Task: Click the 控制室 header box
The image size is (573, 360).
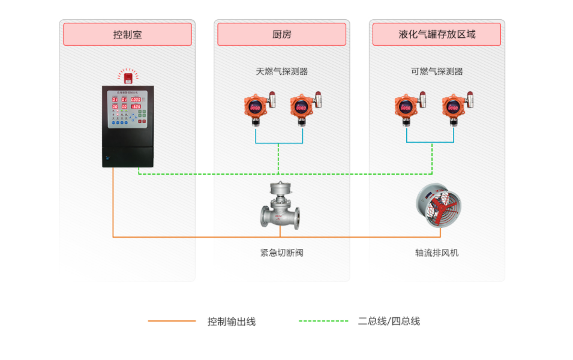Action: click(127, 34)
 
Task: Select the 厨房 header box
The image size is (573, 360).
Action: click(281, 34)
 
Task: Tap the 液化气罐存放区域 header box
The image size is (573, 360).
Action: click(436, 34)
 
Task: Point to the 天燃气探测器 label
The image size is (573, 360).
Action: click(281, 71)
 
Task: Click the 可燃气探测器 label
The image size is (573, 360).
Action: click(437, 71)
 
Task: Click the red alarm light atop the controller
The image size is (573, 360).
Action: click(127, 76)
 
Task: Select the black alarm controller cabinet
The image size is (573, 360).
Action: click(127, 126)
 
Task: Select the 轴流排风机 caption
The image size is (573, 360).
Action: click(437, 253)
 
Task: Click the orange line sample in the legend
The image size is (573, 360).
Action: click(172, 321)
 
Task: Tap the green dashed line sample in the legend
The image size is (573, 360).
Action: click(323, 321)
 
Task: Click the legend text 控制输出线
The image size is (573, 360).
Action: click(232, 322)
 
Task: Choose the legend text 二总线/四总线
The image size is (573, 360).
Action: click(389, 322)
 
